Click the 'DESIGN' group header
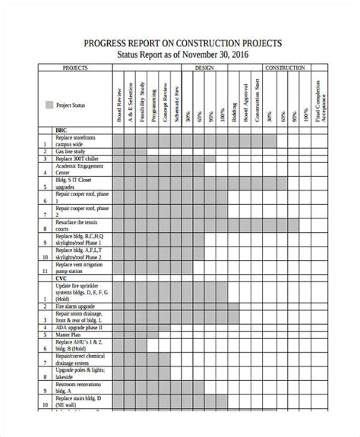coord(204,68)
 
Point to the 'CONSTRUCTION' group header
coord(285,68)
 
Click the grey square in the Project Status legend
coord(50,105)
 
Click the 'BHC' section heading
coord(62,130)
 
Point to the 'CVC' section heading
coord(62,278)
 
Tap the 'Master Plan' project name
coord(70,334)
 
